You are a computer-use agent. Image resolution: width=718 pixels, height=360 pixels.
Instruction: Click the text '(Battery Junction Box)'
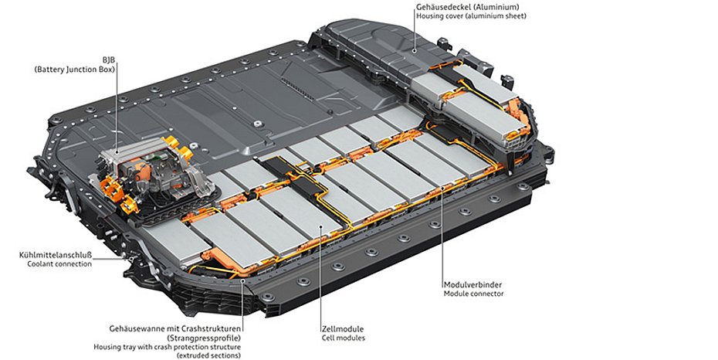click(75, 70)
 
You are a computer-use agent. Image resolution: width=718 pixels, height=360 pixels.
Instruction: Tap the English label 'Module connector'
click(473, 294)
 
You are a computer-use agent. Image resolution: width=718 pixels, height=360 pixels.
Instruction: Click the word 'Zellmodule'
click(343, 328)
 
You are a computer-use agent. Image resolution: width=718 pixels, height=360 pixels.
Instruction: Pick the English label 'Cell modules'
click(343, 338)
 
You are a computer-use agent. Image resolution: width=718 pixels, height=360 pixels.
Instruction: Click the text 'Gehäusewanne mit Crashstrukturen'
click(175, 328)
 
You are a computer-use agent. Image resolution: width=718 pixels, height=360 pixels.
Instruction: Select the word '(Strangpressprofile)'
click(203, 338)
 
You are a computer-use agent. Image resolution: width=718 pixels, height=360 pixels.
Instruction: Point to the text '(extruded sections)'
click(208, 356)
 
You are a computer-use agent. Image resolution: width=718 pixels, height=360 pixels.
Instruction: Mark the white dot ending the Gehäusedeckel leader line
click(414, 50)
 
